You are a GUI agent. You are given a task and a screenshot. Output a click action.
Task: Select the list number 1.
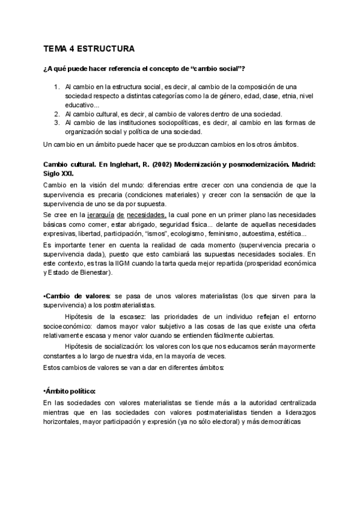[x=56, y=87]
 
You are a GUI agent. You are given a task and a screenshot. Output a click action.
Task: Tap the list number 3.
[x=56, y=123]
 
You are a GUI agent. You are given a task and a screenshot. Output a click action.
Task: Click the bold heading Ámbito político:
[x=71, y=390]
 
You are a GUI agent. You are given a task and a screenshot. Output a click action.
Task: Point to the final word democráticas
[x=292, y=422]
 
